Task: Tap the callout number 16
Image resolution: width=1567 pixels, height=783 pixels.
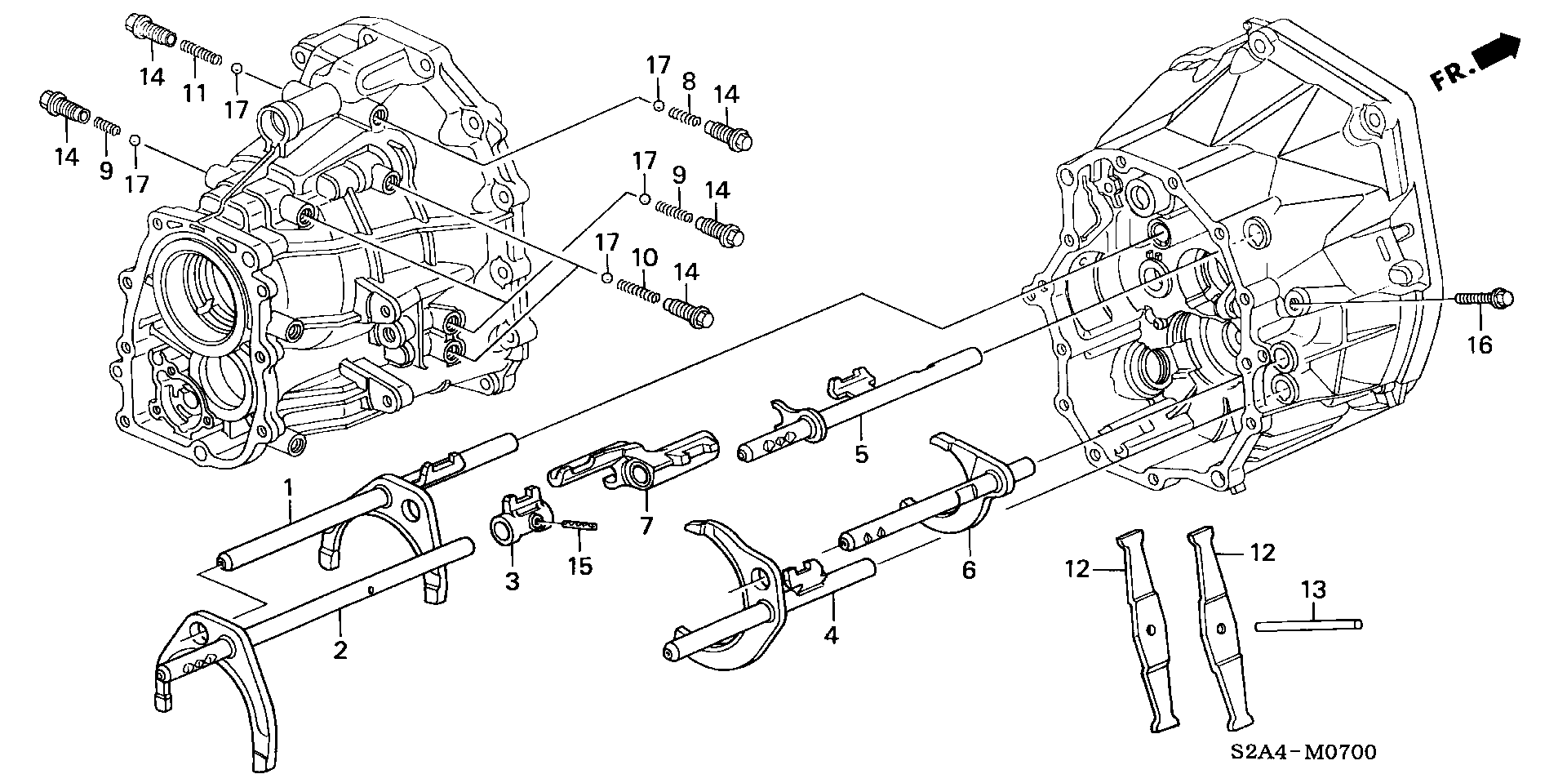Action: coord(1479,345)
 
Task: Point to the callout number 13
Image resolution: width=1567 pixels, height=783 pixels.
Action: coord(1313,589)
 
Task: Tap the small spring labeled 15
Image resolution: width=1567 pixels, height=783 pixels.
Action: coord(579,526)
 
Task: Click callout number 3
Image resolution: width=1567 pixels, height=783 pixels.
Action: coord(512,581)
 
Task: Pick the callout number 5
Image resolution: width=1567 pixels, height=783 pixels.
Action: coord(862,453)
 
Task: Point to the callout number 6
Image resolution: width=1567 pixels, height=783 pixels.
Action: coord(969,569)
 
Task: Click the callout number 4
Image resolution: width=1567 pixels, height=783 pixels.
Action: coord(831,634)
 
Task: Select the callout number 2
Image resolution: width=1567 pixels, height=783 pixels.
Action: coord(340,650)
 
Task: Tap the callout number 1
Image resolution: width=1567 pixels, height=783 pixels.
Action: coord(288,489)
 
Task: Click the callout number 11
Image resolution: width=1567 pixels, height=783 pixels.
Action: coord(193,93)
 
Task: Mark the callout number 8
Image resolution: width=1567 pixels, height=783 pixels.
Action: coord(688,81)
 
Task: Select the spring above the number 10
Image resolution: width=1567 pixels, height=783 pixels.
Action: coord(638,290)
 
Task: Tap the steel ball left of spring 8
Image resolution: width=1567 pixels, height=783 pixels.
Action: coord(657,105)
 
